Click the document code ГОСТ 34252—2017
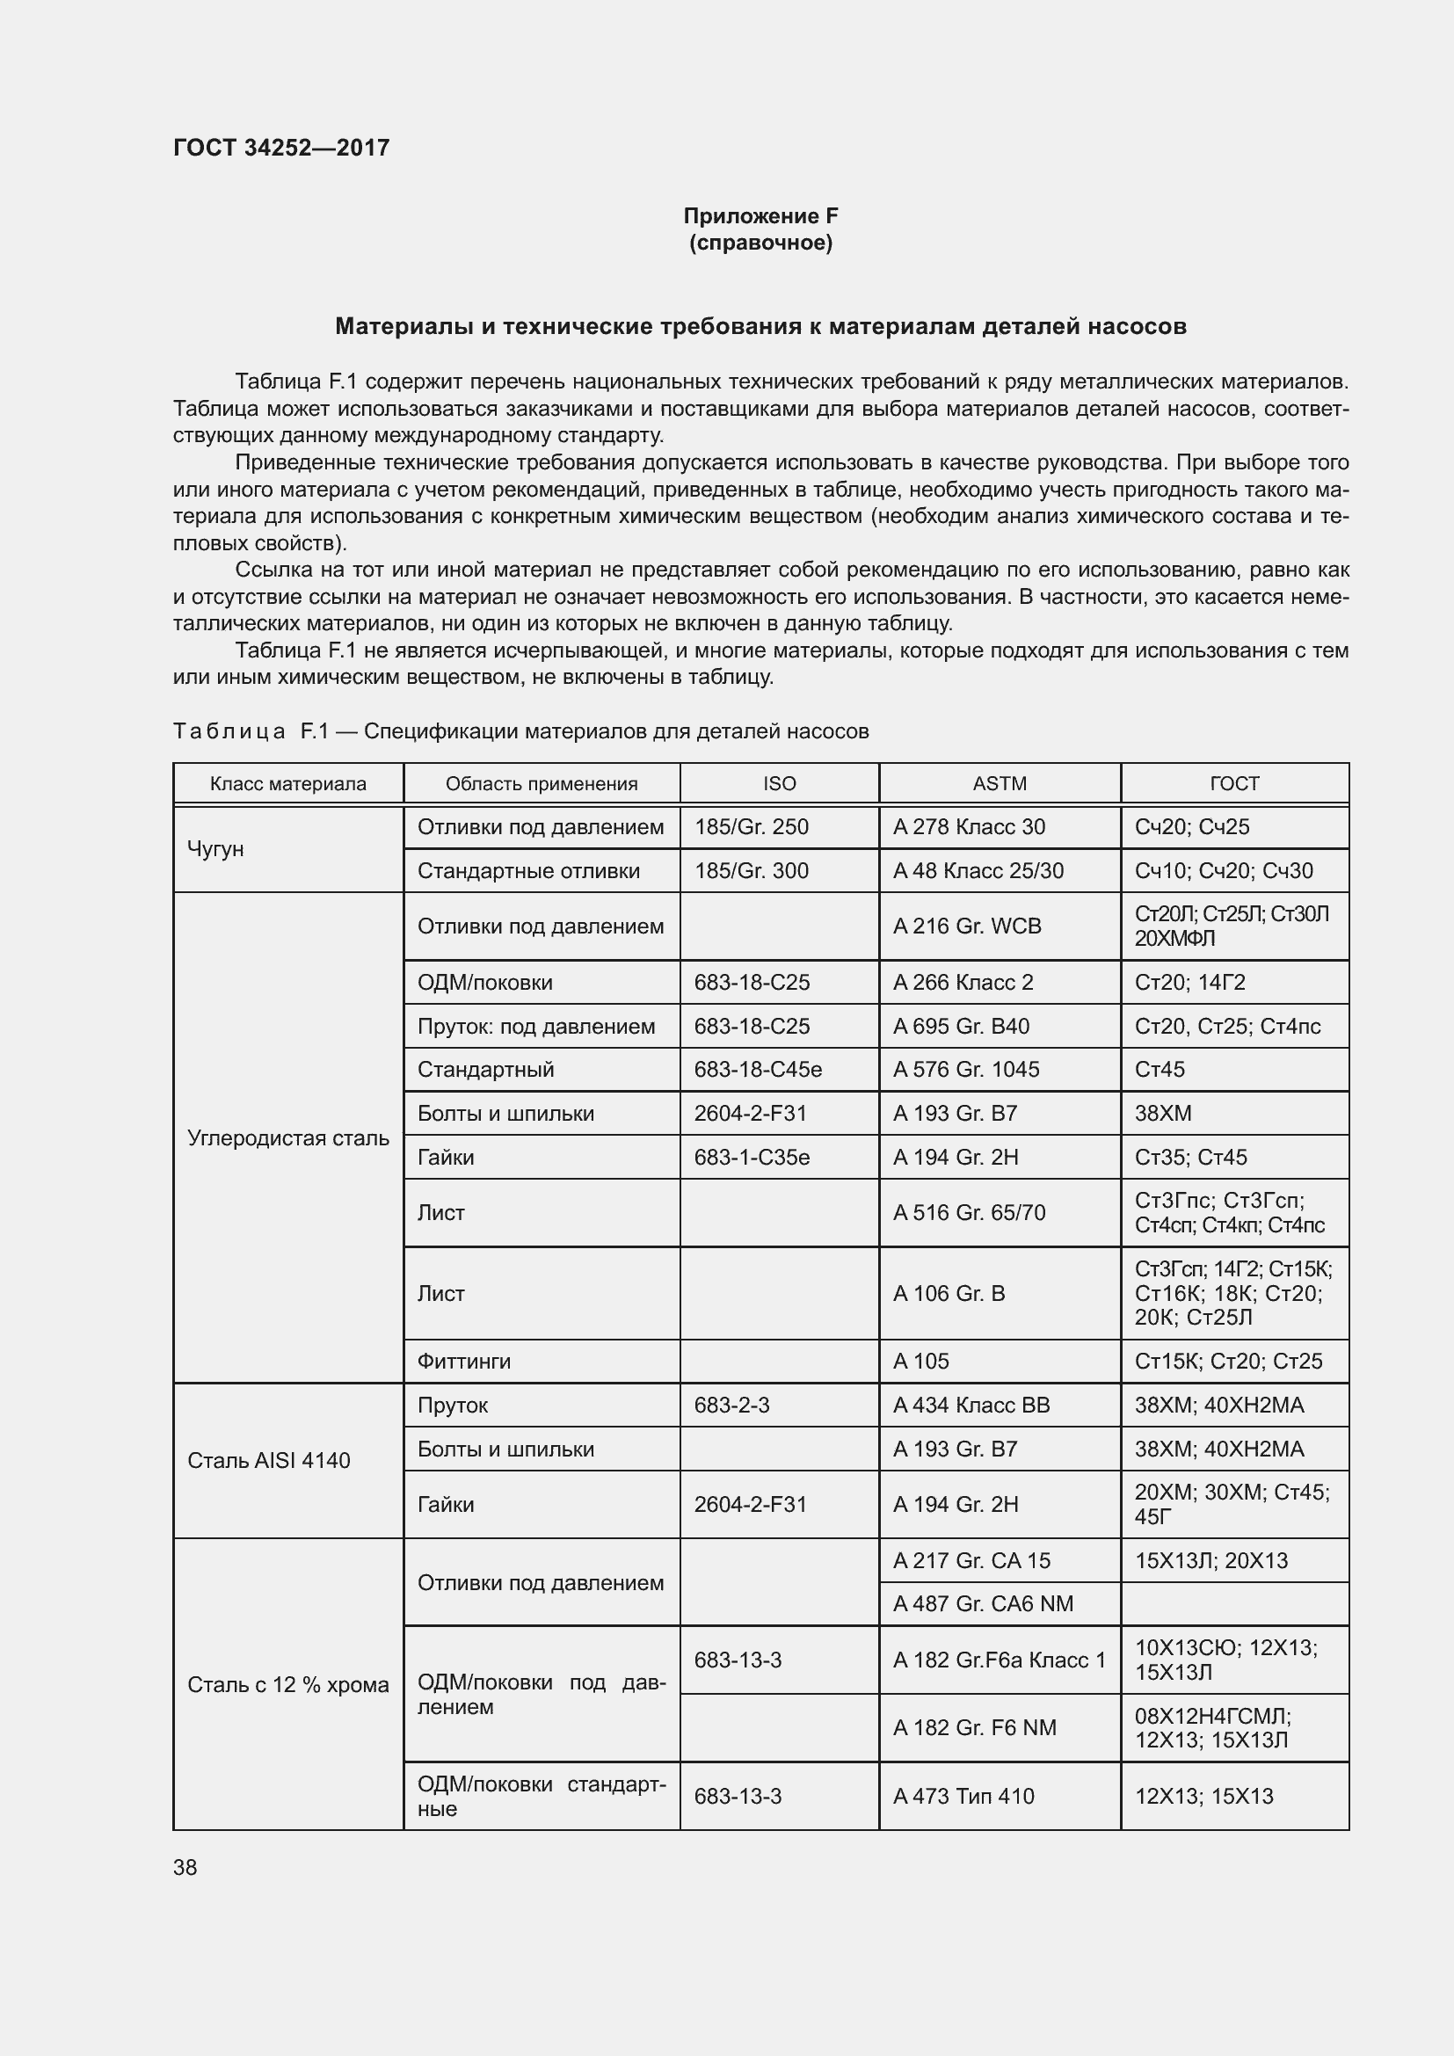coord(281,148)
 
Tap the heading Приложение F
coord(760,216)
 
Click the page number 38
coord(185,1867)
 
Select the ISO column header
coord(779,783)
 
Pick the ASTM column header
coord(1000,783)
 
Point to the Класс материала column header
coord(287,783)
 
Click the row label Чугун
coord(215,848)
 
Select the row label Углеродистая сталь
coord(287,1138)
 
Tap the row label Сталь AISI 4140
coord(269,1461)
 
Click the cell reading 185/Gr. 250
coord(751,826)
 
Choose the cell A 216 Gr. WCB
coord(967,926)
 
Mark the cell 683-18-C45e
coord(758,1069)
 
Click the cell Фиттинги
coord(464,1361)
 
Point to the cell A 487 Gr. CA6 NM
coord(983,1604)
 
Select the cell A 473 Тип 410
coord(963,1796)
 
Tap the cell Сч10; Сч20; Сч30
coord(1224,870)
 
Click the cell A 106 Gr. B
coord(949,1293)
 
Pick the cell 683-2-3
coord(731,1405)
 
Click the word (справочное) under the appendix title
coord(760,243)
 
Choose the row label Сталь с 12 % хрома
coord(287,1684)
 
